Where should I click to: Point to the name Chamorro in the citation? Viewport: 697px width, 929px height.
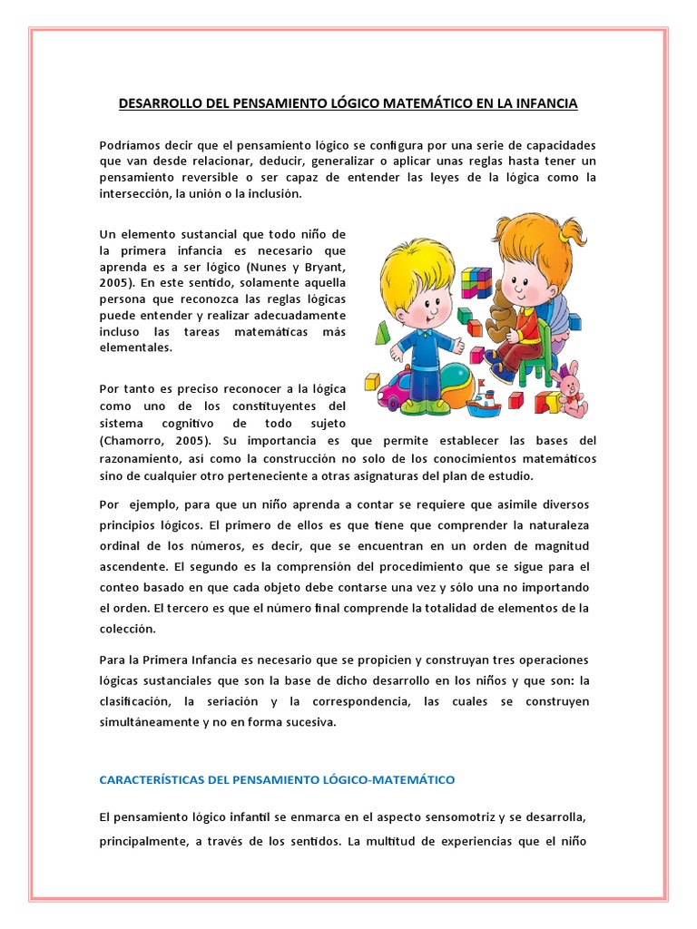tap(133, 441)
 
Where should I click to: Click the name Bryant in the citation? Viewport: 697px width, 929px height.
tap(322, 267)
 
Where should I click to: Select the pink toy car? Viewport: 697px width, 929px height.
tap(393, 389)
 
